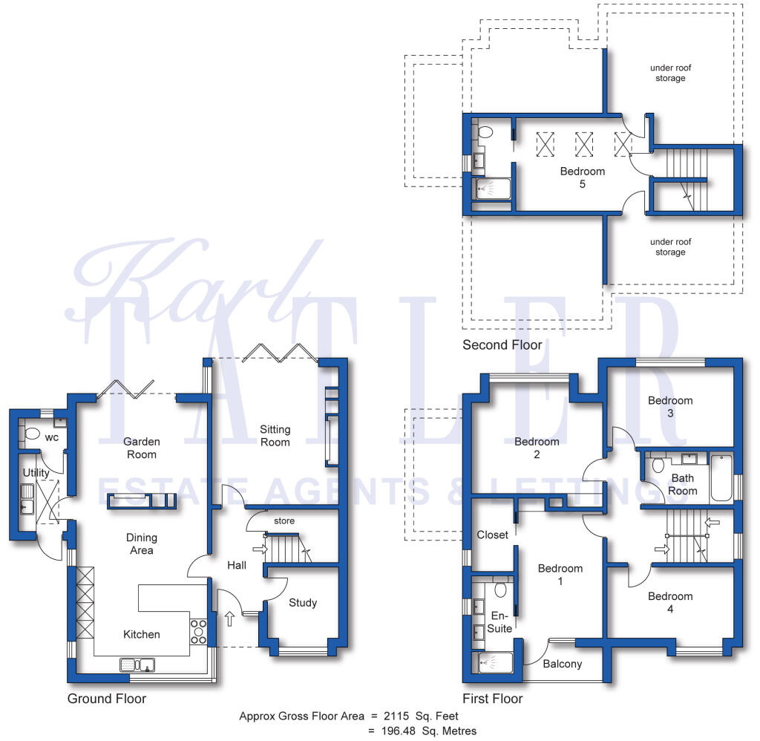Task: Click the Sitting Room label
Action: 275,436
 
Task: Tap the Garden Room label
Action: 142,448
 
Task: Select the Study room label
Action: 303,602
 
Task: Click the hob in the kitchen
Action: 198,631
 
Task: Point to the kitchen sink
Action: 137,665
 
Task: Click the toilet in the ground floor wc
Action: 32,433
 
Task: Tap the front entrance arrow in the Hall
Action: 230,618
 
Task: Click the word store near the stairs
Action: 284,520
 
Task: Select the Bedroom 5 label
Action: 582,177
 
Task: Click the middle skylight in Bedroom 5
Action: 584,144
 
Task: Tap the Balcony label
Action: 563,663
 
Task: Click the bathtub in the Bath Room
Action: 721,477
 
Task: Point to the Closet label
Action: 493,535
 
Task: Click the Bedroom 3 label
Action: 670,406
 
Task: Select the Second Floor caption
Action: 502,345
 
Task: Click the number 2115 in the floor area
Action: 396,716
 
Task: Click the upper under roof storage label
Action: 670,73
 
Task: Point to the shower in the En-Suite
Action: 495,663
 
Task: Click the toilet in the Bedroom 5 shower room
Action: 485,132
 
